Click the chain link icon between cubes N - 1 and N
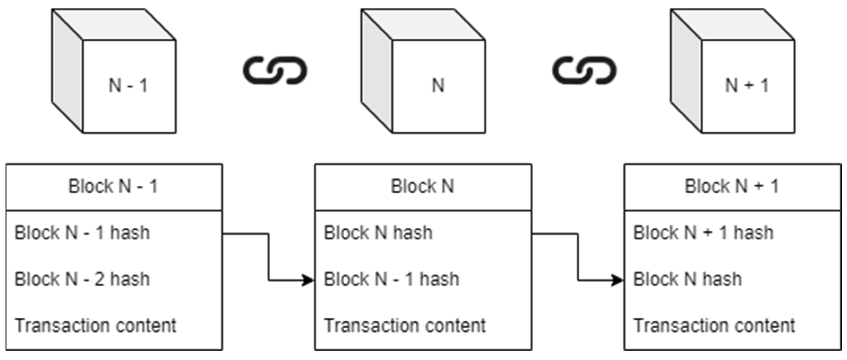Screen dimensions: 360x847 tap(275, 70)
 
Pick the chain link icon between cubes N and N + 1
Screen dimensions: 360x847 tap(584, 70)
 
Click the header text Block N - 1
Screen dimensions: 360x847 tap(113, 186)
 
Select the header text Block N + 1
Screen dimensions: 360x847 tap(732, 186)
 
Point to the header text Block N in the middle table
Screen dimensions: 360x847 tap(422, 186)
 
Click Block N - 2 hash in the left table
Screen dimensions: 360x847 tap(82, 279)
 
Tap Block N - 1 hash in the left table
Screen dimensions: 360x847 tap(82, 233)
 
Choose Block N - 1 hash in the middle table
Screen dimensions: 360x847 tap(391, 279)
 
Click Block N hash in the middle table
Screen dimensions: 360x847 tap(378, 233)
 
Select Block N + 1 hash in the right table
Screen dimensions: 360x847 tap(703, 233)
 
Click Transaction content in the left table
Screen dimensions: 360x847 tap(95, 326)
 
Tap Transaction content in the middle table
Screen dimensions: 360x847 tap(405, 326)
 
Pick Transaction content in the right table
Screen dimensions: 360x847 tap(714, 326)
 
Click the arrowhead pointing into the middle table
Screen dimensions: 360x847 tap(308, 280)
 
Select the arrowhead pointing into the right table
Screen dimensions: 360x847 tap(618, 280)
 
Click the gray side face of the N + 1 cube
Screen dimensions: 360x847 tap(686, 71)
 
